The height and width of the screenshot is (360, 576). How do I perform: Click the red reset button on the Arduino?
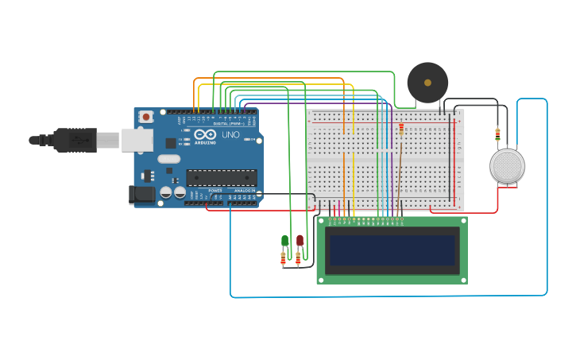[x=145, y=117]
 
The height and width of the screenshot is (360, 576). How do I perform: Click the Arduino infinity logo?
[x=205, y=134]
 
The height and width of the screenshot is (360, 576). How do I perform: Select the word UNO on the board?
[x=230, y=135]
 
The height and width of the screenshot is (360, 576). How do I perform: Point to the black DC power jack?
[x=142, y=194]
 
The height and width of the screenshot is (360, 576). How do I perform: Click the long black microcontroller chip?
[x=221, y=177]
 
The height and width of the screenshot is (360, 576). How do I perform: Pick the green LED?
[x=284, y=241]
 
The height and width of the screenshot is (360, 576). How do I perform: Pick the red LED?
[x=300, y=240]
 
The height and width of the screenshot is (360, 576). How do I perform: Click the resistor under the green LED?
[x=283, y=258]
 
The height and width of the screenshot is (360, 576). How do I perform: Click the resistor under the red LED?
[x=298, y=258]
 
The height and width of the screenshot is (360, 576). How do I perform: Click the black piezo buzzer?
[x=427, y=83]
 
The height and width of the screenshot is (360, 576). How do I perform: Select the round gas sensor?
[x=507, y=166]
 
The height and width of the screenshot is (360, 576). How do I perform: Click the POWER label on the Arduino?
[x=215, y=191]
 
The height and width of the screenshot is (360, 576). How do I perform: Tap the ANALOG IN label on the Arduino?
[x=244, y=191]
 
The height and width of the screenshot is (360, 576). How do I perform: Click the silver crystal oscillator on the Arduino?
[x=168, y=158]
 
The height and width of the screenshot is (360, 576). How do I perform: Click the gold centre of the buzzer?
[x=427, y=82]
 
